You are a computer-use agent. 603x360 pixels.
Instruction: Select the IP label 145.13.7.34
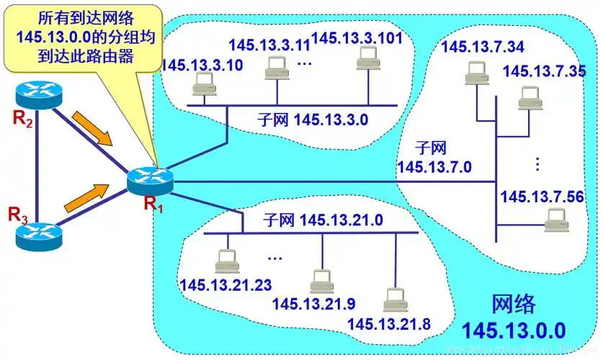[x=482, y=48]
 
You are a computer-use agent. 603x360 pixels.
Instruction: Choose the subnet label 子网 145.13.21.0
[x=322, y=219]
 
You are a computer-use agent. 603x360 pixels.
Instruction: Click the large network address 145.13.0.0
[x=514, y=330]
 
